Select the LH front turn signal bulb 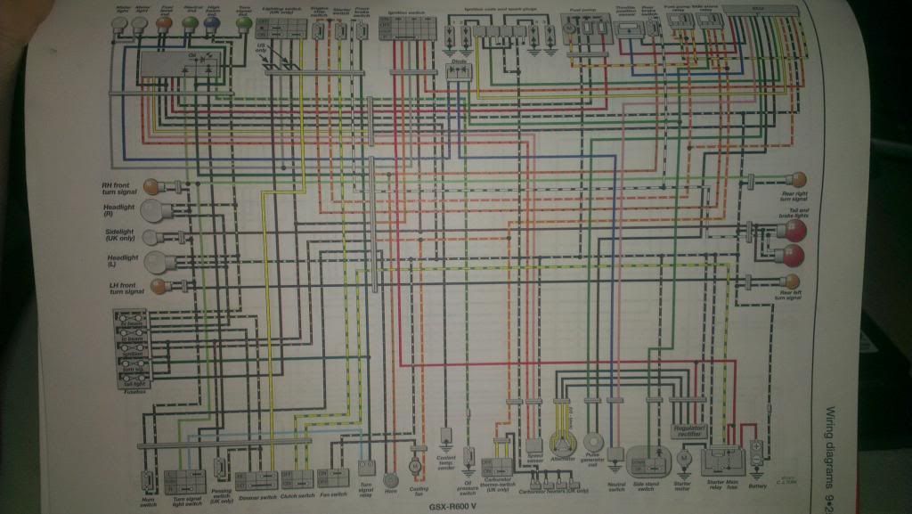point(157,286)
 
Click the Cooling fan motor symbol point(413,465)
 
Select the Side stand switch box point(647,460)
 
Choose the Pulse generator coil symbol point(595,444)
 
